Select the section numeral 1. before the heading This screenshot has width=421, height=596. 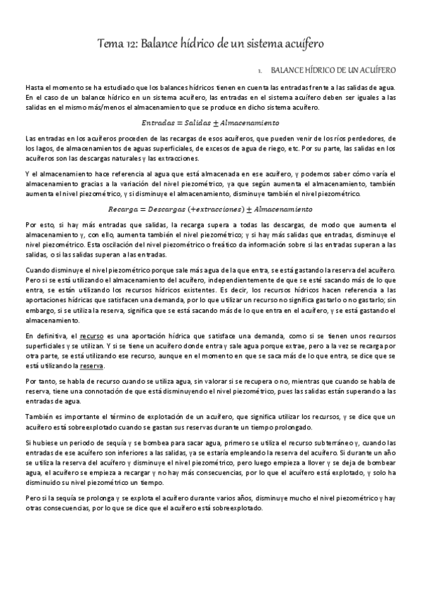[260, 71]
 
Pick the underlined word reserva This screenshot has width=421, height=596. [93, 366]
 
